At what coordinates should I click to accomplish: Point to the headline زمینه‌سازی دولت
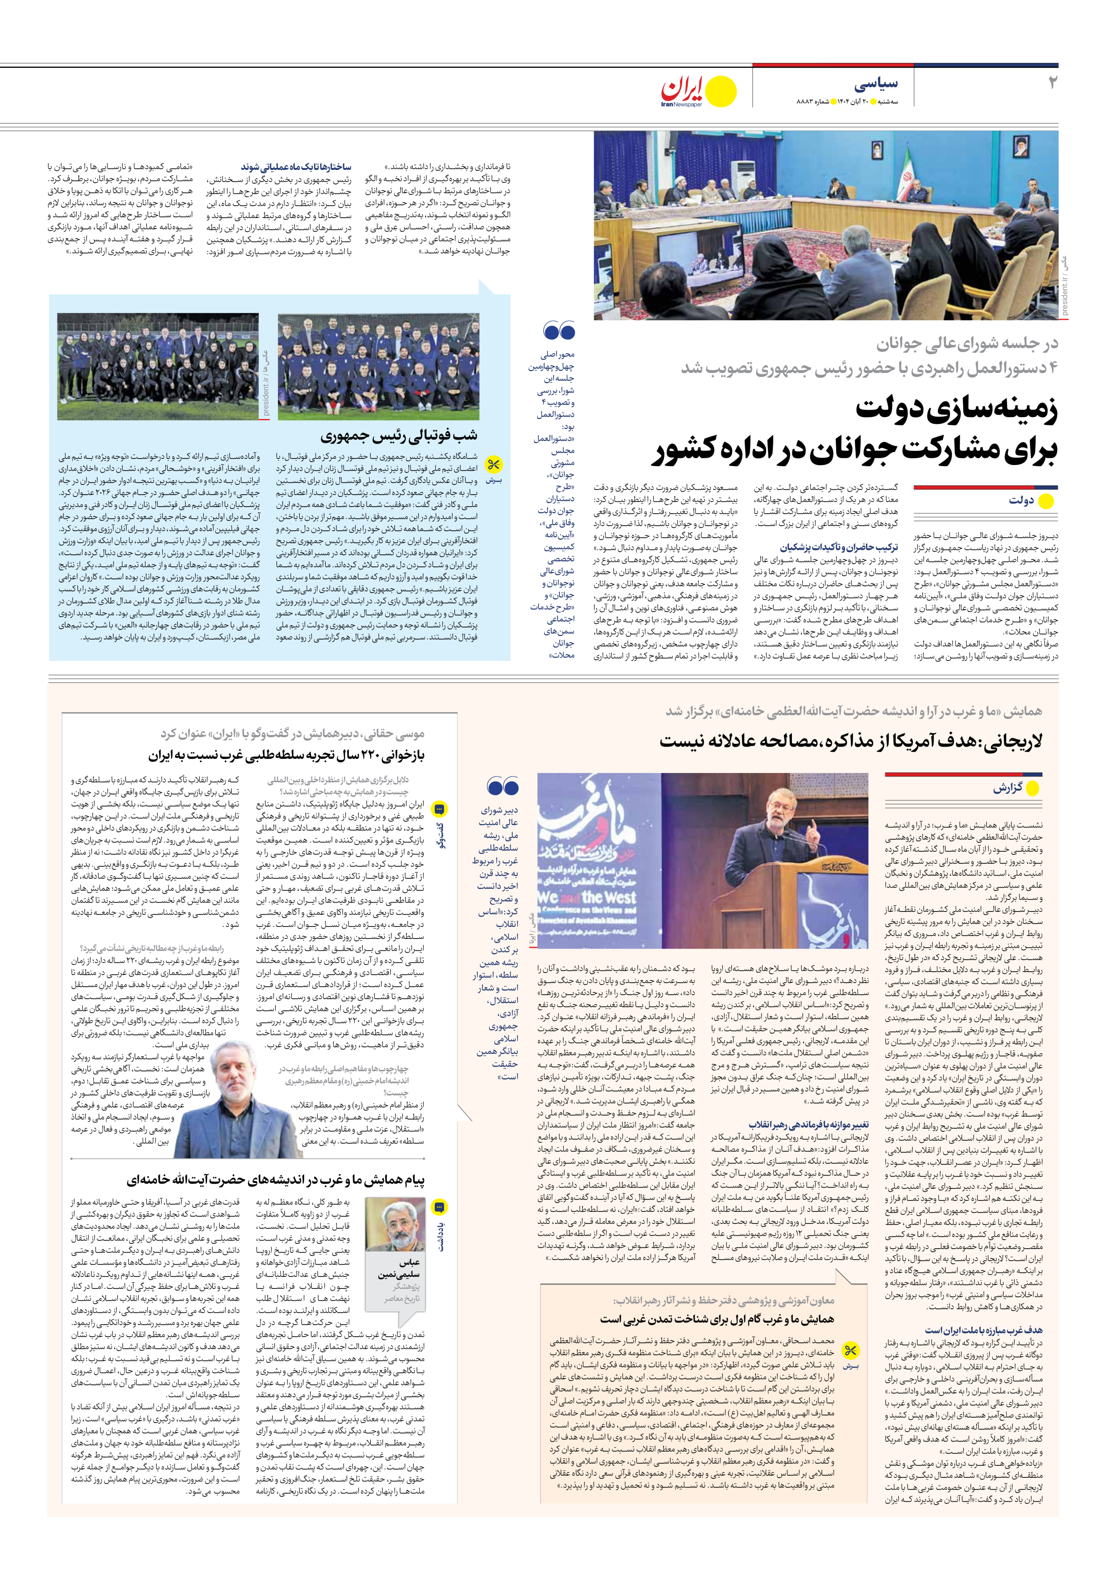tap(956, 409)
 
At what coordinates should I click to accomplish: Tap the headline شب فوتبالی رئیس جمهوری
tap(399, 436)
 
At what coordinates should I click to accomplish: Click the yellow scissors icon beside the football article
tap(493, 465)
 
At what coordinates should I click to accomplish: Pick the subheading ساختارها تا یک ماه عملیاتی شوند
tap(296, 167)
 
